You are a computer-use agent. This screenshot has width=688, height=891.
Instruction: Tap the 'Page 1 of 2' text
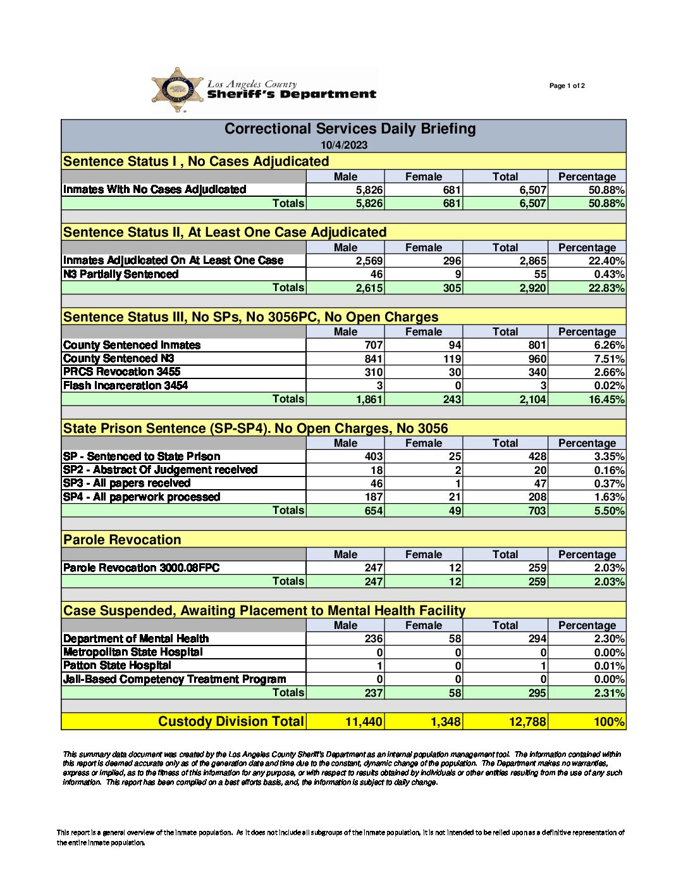(567, 86)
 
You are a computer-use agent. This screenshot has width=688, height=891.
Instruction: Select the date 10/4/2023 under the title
(343, 145)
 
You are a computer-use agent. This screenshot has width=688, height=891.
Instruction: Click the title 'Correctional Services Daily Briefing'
(350, 129)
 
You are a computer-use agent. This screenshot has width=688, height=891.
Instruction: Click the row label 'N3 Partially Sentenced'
(121, 275)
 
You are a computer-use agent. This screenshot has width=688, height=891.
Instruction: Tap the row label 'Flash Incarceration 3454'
(125, 385)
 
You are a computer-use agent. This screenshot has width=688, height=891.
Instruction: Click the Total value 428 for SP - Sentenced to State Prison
(537, 457)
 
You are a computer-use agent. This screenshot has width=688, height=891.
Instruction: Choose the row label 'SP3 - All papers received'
(126, 483)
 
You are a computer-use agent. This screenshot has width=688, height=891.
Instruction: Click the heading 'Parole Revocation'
(122, 540)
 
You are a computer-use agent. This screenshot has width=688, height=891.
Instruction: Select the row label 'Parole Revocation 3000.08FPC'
(141, 568)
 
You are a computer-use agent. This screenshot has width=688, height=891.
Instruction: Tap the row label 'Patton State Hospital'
(117, 666)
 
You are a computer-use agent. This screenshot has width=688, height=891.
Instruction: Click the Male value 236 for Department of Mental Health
(373, 639)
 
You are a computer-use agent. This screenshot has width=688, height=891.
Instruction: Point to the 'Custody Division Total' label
(231, 721)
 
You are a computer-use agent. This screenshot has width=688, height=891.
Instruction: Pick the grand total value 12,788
(527, 722)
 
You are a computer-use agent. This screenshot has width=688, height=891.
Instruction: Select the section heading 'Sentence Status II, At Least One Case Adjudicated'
(224, 232)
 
